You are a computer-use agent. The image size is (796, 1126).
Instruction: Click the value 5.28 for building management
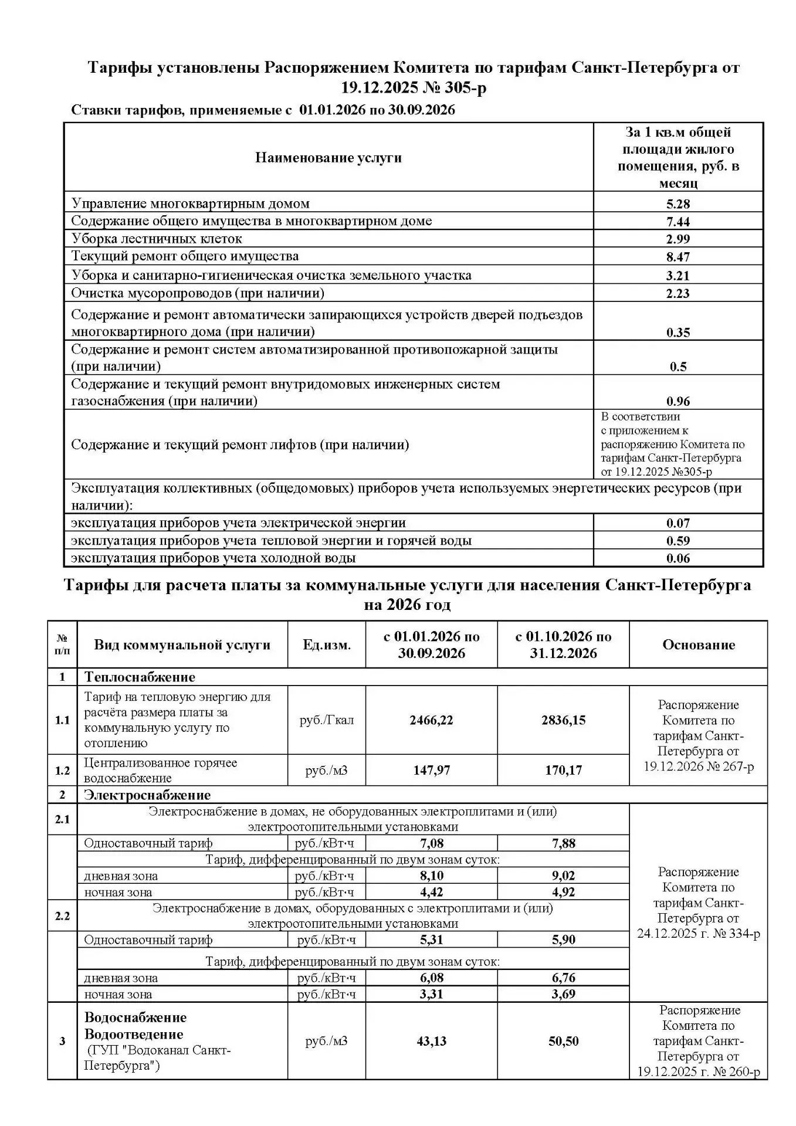click(x=678, y=204)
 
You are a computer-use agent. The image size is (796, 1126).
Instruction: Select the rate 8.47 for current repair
click(x=678, y=257)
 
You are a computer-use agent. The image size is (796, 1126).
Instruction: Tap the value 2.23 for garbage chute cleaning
click(x=678, y=293)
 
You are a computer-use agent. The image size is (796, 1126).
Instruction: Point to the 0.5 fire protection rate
click(x=678, y=367)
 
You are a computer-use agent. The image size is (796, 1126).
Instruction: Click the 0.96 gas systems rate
click(x=678, y=402)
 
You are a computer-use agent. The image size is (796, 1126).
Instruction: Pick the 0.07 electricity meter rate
click(x=678, y=523)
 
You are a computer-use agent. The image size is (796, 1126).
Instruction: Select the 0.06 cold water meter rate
click(x=678, y=558)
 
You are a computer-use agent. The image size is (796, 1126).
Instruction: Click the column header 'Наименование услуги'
click(x=328, y=158)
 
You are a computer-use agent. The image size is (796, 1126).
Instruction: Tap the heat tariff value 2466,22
click(x=431, y=720)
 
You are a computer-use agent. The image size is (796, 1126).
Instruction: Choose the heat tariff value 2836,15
click(x=563, y=720)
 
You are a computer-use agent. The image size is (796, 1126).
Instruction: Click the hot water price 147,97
click(x=431, y=770)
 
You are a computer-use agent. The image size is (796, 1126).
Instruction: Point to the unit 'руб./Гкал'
click(x=327, y=720)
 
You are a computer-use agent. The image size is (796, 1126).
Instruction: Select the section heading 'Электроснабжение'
click(x=147, y=795)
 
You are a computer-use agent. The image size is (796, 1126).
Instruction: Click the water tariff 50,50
click(x=563, y=1042)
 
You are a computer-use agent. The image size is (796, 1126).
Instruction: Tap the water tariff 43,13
click(x=431, y=1042)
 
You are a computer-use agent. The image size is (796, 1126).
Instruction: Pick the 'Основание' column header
click(x=698, y=645)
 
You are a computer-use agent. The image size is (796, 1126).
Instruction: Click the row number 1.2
click(x=62, y=771)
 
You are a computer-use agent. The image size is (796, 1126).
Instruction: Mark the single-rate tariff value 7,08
click(x=431, y=843)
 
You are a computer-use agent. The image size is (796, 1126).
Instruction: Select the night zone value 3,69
click(x=563, y=994)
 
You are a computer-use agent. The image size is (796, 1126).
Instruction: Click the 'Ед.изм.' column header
click(x=327, y=645)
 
